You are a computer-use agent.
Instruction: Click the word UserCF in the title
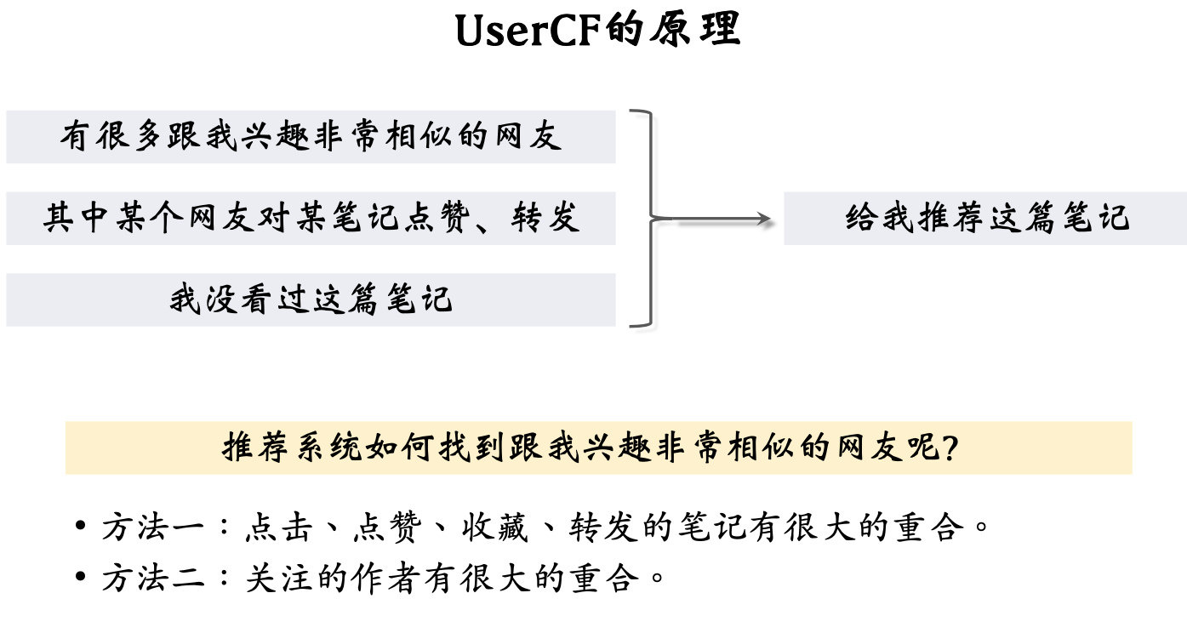click(x=527, y=31)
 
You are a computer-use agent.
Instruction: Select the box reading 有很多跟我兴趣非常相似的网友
click(x=311, y=136)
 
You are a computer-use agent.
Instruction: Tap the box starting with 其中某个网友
click(x=311, y=219)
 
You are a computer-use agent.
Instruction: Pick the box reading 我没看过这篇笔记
click(x=311, y=299)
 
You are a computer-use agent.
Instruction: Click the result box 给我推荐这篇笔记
click(x=985, y=219)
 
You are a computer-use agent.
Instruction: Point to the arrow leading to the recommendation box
click(x=723, y=220)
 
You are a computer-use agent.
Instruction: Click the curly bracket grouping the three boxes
click(x=647, y=219)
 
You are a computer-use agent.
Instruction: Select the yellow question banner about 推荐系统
click(x=598, y=448)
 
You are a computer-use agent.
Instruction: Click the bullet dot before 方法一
click(x=80, y=527)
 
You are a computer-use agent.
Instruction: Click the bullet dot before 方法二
click(x=80, y=579)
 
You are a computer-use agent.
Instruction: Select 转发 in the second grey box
click(x=545, y=219)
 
